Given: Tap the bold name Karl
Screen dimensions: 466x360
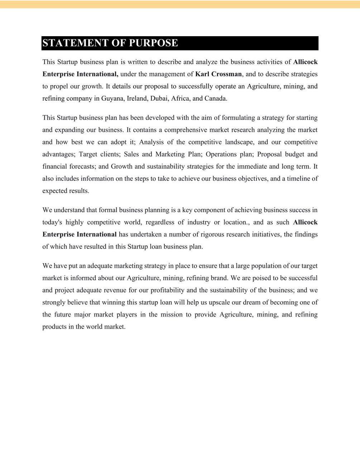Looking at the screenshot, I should (202, 74).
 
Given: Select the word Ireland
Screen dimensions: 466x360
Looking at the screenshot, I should (137, 99).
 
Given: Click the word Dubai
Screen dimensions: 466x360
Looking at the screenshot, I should (159, 99).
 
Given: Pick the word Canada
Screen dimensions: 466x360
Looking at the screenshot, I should (215, 99).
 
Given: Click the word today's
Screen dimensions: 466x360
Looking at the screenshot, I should (52, 222).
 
